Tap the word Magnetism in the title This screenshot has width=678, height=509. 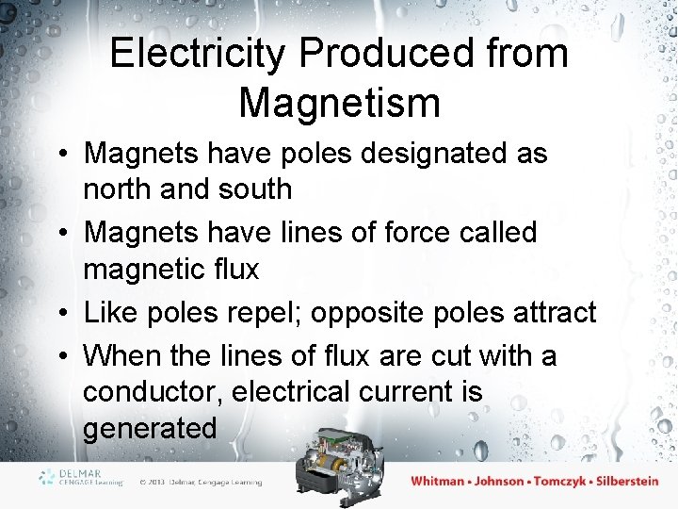coord(339,102)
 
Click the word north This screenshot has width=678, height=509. coord(121,189)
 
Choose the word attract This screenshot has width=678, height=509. coord(552,312)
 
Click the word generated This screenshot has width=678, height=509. coord(150,428)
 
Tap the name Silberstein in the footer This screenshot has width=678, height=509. coord(617,482)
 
